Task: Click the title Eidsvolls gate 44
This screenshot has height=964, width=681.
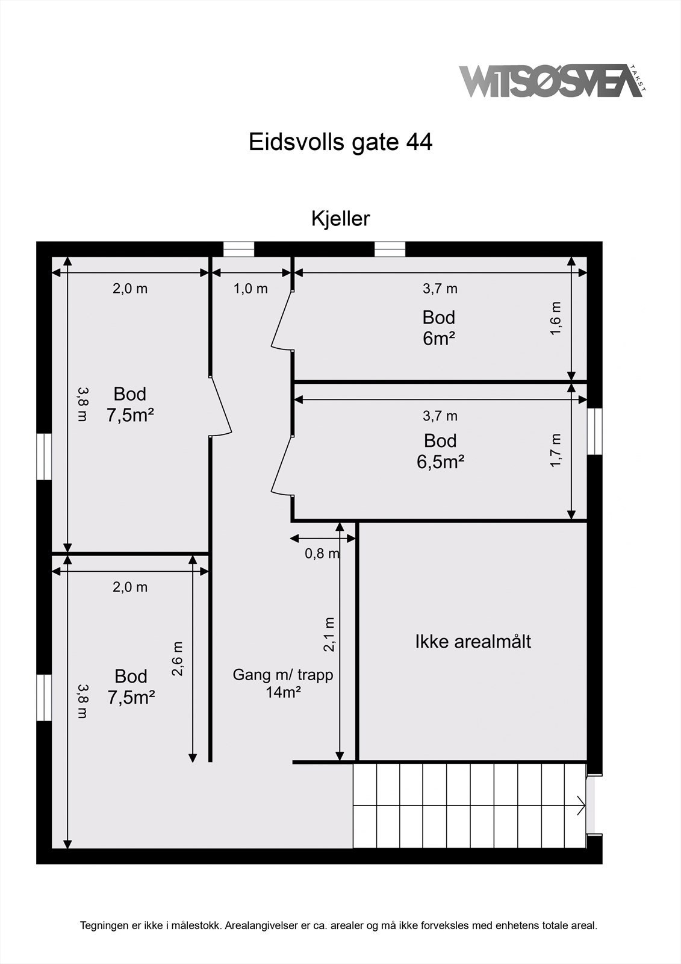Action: tap(340, 143)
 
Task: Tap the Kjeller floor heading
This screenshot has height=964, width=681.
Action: tap(340, 218)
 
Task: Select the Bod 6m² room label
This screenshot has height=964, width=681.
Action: tap(438, 328)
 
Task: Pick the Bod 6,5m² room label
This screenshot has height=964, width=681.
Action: tap(440, 451)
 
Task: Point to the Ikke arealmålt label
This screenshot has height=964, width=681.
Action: tap(473, 642)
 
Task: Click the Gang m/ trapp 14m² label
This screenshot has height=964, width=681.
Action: tap(283, 683)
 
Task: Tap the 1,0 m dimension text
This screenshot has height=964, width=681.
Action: tap(250, 289)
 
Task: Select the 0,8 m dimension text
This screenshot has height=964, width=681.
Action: tap(322, 553)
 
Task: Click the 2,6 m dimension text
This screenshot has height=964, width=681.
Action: tap(178, 659)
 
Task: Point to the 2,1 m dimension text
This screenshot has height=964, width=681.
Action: tap(329, 634)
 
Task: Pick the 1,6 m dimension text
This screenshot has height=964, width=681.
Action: tap(556, 319)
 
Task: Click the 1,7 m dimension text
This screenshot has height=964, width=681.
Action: tap(556, 449)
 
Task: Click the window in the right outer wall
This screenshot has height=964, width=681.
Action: tap(594, 431)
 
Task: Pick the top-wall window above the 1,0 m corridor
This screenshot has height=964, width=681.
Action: tap(238, 249)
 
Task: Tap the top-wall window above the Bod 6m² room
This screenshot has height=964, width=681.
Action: tap(390, 249)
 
